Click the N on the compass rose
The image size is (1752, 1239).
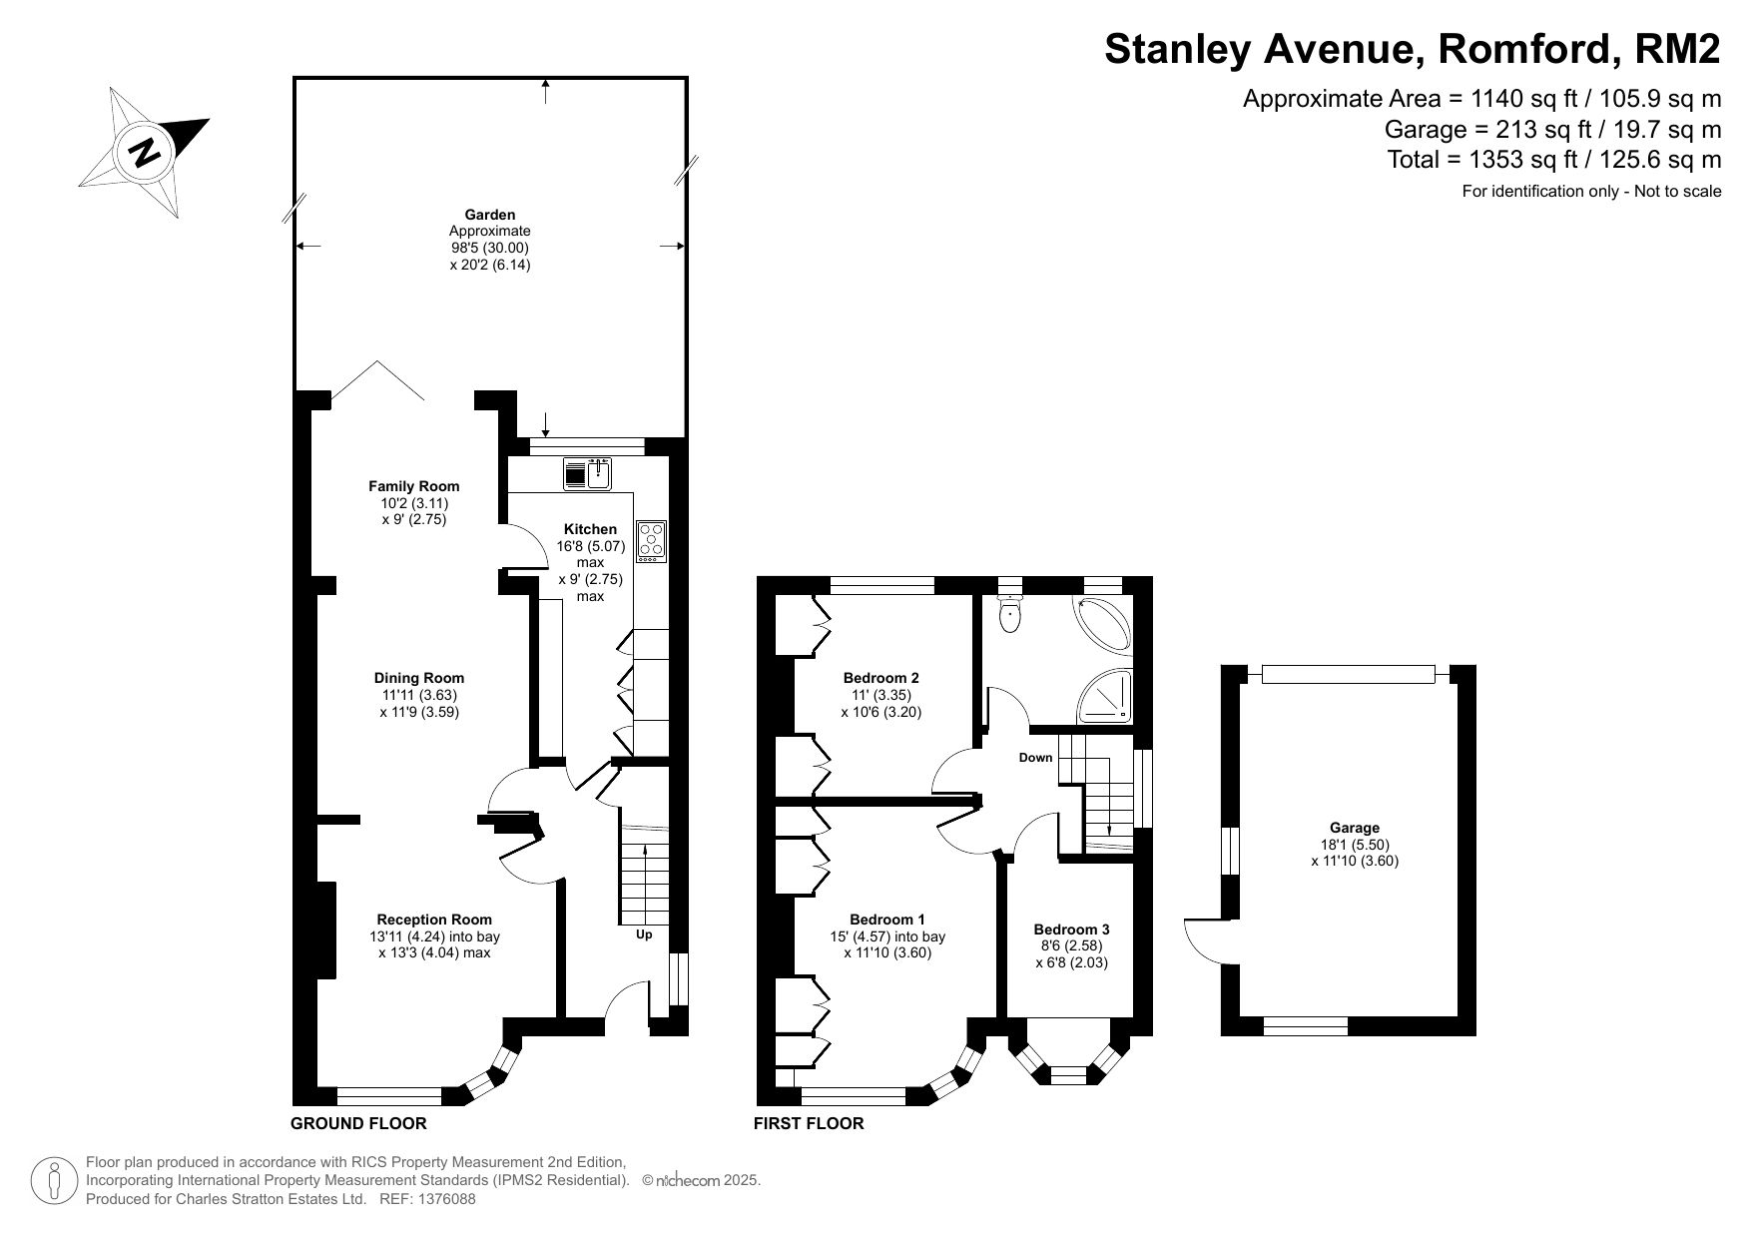point(146,153)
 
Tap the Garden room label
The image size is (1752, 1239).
point(490,215)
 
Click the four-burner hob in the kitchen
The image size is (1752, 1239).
point(651,541)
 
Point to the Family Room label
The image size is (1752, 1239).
point(414,486)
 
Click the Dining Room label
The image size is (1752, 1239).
point(419,678)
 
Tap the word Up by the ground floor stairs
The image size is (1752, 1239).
point(644,935)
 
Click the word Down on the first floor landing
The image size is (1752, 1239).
point(1036,758)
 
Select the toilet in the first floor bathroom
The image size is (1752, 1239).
point(1011,610)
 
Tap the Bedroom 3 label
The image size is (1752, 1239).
point(1071,929)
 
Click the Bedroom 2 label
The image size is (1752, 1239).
point(881,678)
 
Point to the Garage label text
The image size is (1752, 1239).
point(1355,828)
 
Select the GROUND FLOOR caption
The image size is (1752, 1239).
point(358,1123)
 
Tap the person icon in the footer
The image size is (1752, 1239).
point(55,1180)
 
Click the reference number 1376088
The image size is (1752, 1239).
point(443,1200)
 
